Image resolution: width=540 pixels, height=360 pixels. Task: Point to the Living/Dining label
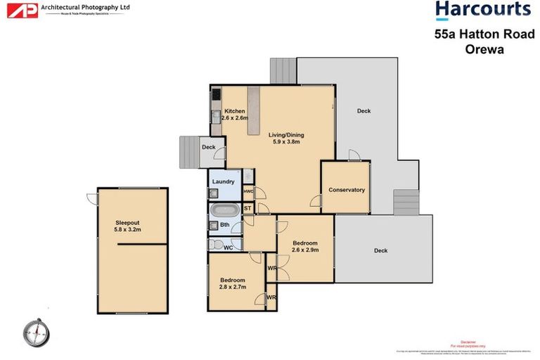(x=286, y=138)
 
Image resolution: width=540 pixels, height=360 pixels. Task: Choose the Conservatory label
(x=347, y=190)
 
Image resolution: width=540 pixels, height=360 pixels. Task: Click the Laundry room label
(x=223, y=182)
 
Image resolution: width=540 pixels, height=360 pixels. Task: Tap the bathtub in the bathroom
(x=225, y=209)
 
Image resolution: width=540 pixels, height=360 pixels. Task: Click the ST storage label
(x=247, y=209)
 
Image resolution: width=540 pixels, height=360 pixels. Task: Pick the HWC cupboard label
(x=247, y=191)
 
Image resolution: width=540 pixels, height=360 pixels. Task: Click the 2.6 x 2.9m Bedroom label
(x=305, y=246)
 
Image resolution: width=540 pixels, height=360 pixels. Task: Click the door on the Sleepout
(x=91, y=198)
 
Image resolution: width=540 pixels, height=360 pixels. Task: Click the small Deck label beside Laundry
(x=208, y=147)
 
